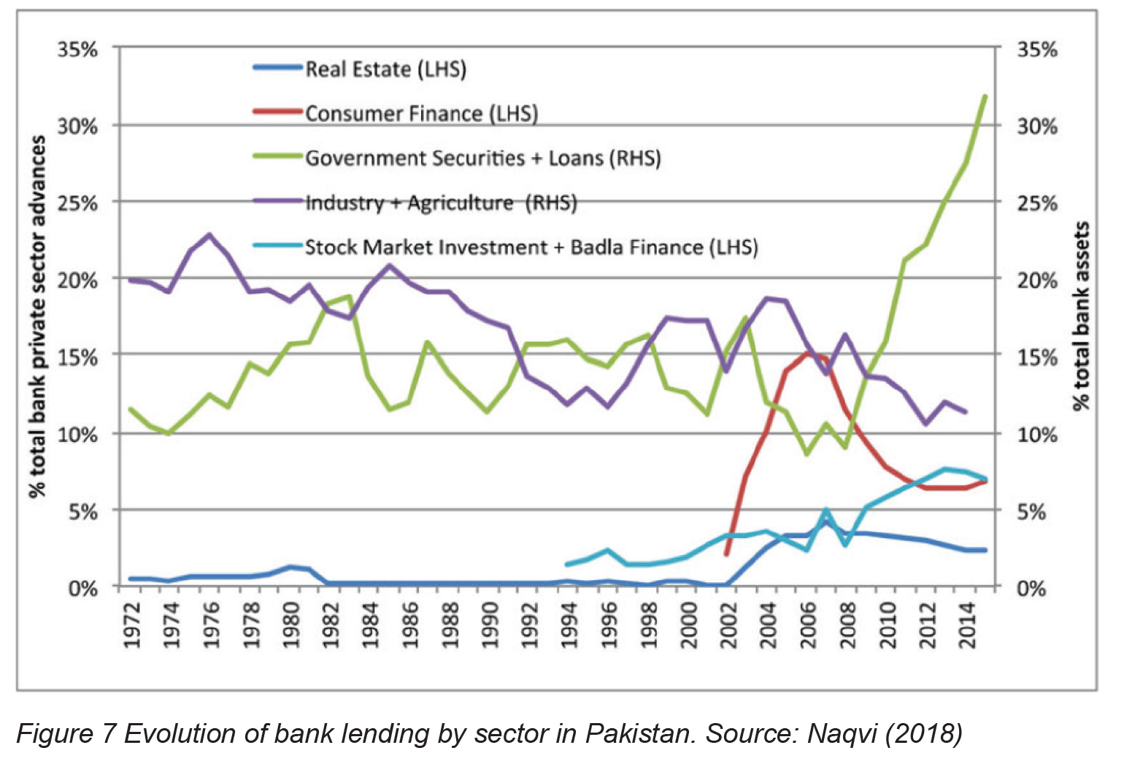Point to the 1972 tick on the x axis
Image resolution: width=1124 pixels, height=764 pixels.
[x=132, y=625]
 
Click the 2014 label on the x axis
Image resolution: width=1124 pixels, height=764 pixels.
[x=968, y=625]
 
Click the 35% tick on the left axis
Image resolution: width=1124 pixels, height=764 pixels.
[x=77, y=50]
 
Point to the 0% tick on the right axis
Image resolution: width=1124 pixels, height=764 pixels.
[x=1031, y=588]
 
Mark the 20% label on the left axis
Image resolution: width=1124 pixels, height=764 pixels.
[x=77, y=280]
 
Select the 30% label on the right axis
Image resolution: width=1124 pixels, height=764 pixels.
[x=1037, y=126]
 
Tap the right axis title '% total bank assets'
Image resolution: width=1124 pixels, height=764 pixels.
[x=1082, y=316]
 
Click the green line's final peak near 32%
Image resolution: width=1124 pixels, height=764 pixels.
[x=985, y=96]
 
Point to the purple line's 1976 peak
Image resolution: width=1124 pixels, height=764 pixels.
[x=209, y=235]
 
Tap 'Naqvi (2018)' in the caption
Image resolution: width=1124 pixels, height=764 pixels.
[x=884, y=734]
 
